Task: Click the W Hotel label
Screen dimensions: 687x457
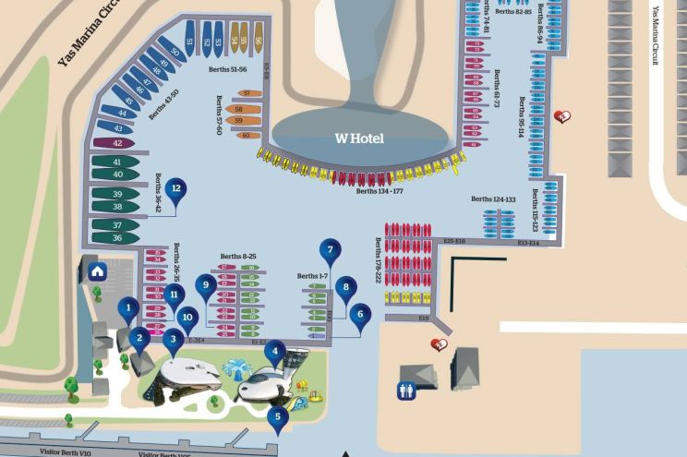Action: tap(358, 138)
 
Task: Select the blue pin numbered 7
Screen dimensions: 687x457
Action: tap(330, 249)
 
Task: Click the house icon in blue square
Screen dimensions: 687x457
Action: tap(96, 270)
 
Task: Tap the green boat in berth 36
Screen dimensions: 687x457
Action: tap(116, 238)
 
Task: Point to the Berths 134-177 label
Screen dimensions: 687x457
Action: tap(380, 192)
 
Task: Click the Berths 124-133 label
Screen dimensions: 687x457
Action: tap(493, 199)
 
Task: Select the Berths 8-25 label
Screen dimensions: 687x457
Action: tap(238, 256)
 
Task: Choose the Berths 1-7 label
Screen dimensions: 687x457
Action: tap(312, 276)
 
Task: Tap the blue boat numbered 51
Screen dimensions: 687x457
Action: tap(189, 42)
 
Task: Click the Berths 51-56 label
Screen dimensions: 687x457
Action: tap(227, 69)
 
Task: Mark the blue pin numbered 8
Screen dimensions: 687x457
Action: tap(345, 288)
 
